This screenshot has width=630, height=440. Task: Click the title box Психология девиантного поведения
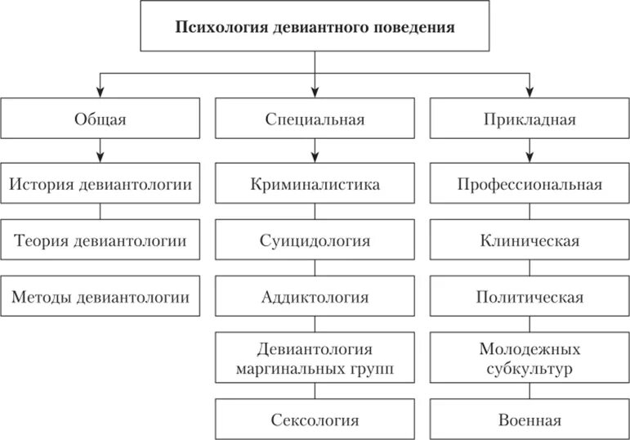click(315, 27)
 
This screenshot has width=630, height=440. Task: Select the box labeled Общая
click(100, 119)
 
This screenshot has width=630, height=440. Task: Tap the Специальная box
click(315, 119)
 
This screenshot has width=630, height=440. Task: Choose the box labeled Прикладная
click(529, 119)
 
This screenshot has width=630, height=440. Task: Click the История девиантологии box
click(100, 184)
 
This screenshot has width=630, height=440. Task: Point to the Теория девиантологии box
click(100, 240)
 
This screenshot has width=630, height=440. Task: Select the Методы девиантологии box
click(100, 297)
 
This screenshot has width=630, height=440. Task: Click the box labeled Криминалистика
click(315, 184)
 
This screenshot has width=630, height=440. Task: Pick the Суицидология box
click(315, 240)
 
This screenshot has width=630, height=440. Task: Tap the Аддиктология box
click(315, 297)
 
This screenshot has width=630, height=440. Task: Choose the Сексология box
click(315, 420)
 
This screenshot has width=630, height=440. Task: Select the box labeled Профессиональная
click(529, 184)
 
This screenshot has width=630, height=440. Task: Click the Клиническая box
click(529, 240)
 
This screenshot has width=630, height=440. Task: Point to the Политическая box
click(529, 297)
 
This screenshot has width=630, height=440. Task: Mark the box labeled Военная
click(529, 420)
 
